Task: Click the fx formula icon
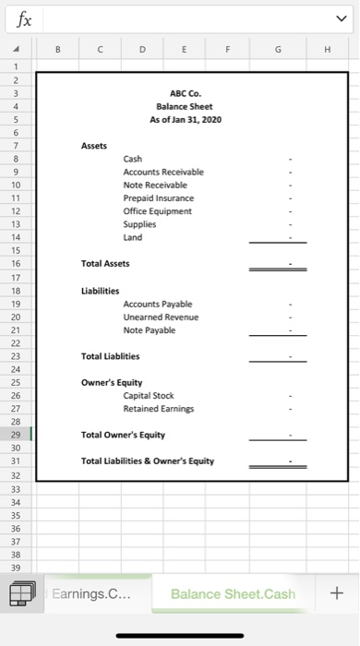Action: click(x=19, y=18)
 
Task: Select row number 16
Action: click(x=16, y=264)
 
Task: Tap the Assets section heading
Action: click(x=94, y=146)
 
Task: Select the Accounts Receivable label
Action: click(x=163, y=172)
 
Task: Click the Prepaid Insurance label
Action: click(x=159, y=197)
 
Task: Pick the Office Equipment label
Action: click(x=157, y=210)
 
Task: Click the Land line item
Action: click(x=133, y=237)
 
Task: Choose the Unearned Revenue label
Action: click(x=161, y=317)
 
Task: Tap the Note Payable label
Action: click(x=149, y=329)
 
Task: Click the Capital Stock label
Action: click(x=150, y=395)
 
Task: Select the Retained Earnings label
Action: click(x=159, y=409)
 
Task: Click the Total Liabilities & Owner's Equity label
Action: click(x=148, y=461)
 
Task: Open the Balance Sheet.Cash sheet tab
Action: click(x=233, y=593)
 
